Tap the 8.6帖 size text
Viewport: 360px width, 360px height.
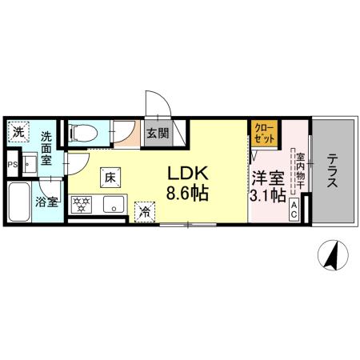tap(189, 193)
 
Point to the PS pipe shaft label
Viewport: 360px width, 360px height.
tap(11, 166)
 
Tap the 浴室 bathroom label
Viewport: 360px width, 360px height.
tap(47, 202)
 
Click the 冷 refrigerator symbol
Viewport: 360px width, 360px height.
tap(145, 210)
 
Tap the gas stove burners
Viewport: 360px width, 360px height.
tap(82, 204)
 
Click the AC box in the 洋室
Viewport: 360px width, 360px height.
tap(294, 211)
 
